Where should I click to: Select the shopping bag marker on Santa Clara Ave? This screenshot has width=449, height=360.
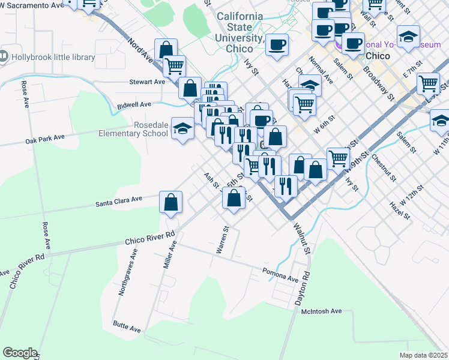171,202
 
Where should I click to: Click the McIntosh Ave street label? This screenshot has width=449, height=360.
321,311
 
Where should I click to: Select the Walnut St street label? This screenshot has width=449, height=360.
301,238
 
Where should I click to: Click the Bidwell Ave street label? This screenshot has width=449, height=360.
134,104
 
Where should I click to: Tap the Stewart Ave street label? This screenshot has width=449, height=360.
147,82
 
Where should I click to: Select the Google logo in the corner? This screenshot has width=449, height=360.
20,353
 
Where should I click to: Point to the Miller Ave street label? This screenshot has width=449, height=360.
172,254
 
